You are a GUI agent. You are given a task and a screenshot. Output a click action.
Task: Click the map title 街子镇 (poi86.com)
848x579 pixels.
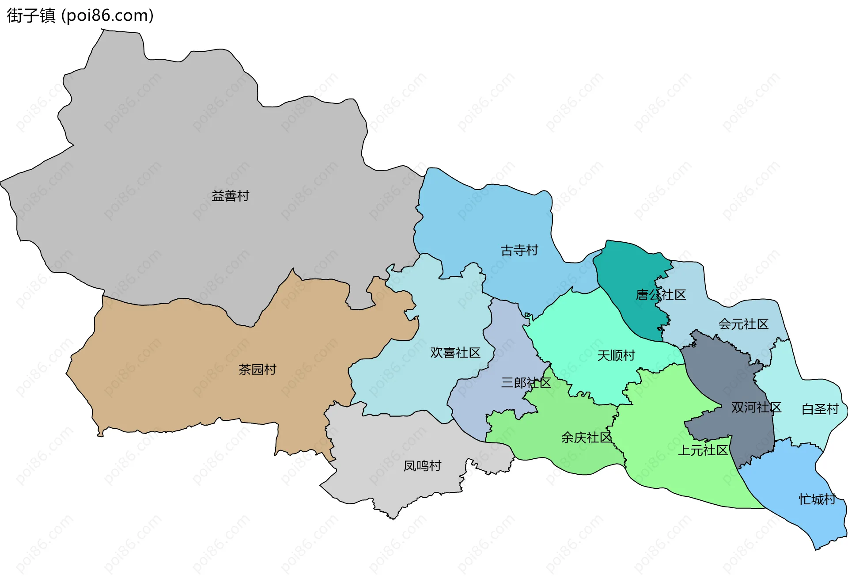(80, 15)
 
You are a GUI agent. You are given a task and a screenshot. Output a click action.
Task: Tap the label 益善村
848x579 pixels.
(230, 196)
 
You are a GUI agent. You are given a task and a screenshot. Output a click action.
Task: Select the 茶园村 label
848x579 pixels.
(257, 369)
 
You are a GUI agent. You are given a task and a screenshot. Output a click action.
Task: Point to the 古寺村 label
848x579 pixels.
(519, 251)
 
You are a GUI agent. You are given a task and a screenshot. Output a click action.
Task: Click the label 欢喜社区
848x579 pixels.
(455, 353)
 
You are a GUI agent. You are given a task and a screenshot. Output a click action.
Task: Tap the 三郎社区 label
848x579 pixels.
(526, 383)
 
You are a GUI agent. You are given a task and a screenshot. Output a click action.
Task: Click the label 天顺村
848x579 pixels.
(616, 355)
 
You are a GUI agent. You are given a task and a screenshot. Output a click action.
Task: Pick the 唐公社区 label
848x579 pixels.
(661, 295)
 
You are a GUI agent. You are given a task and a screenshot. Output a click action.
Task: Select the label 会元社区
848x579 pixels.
(743, 324)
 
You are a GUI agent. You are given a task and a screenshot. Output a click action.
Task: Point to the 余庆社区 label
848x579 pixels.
(586, 438)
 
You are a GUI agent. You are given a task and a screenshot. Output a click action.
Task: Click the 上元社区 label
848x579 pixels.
(702, 450)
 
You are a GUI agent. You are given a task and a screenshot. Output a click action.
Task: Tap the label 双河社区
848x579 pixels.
(756, 408)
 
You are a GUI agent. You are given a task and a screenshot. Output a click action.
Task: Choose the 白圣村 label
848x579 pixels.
(820, 409)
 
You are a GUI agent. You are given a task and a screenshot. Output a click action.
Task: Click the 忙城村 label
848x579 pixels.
(817, 499)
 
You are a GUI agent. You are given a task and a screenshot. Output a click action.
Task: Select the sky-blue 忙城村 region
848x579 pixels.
(791, 477)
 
